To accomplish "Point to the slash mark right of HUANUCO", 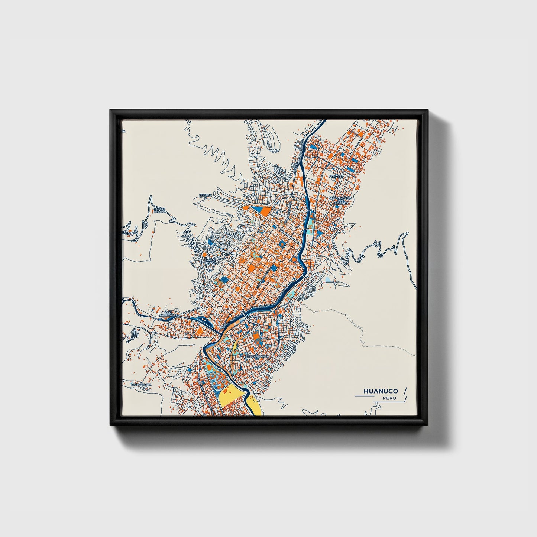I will pos(405,391).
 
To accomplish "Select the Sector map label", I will pos(205,195).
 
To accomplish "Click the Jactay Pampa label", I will pos(159,210).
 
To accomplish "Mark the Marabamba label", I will pos(141,385).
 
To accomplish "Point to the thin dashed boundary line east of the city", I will pos(357,327).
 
